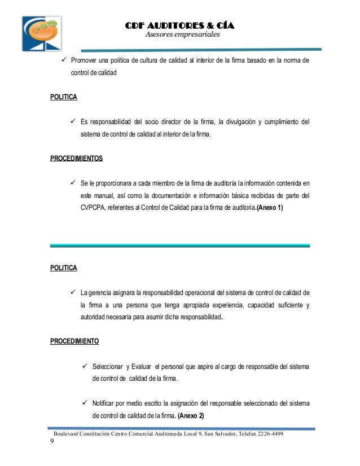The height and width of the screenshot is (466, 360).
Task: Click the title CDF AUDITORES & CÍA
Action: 179,26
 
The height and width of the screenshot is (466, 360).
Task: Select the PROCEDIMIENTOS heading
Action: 77,159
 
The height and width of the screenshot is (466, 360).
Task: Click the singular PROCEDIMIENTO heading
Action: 74,341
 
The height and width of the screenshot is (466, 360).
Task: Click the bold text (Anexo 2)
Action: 191,416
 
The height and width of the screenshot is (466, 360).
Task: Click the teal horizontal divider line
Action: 180,245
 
